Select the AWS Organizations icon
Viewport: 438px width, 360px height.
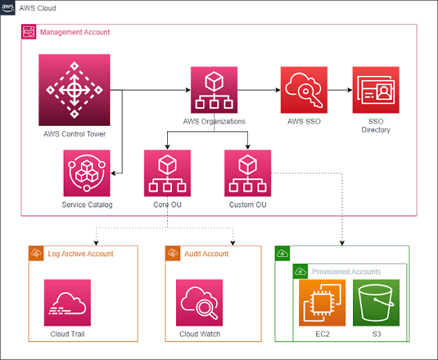pyautogui.click(x=214, y=90)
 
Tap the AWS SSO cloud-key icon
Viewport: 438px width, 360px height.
pyautogui.click(x=304, y=90)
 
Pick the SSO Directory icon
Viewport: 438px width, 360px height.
pyautogui.click(x=376, y=90)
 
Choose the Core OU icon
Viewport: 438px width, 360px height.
pyautogui.click(x=167, y=173)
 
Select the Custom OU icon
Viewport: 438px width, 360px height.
pyautogui.click(x=247, y=173)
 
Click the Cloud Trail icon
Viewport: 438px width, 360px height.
pyautogui.click(x=67, y=303)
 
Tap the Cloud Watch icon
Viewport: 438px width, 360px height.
pyautogui.click(x=200, y=303)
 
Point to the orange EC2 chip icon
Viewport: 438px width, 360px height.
pyautogui.click(x=322, y=303)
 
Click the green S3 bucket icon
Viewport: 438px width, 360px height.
pyautogui.click(x=376, y=303)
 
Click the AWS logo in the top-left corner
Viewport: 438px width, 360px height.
pyautogui.click(x=8, y=8)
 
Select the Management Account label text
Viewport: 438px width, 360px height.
pyautogui.click(x=75, y=32)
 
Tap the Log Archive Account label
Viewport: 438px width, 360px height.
pyautogui.click(x=80, y=254)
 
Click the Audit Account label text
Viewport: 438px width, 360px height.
pyautogui.click(x=206, y=254)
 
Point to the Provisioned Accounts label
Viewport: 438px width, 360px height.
pyautogui.click(x=346, y=272)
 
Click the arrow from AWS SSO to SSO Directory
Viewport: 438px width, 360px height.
pyautogui.click(x=339, y=90)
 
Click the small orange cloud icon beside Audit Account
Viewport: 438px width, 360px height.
pyautogui.click(x=173, y=254)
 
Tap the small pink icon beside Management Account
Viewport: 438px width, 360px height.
pyautogui.click(x=29, y=32)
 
